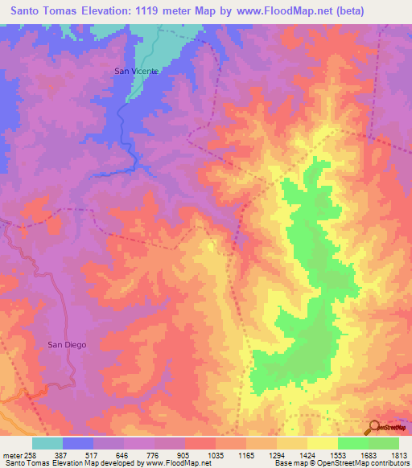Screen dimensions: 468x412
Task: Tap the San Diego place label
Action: tap(67, 344)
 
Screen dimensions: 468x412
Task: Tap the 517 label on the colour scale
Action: tap(93, 455)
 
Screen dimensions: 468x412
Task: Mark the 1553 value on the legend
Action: tap(339, 455)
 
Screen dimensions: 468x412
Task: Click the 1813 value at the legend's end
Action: tap(399, 455)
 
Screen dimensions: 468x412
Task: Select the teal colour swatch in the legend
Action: tap(47, 443)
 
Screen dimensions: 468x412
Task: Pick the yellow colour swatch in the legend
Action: tap(322, 443)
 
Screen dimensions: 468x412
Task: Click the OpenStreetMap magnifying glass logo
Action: tap(373, 427)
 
